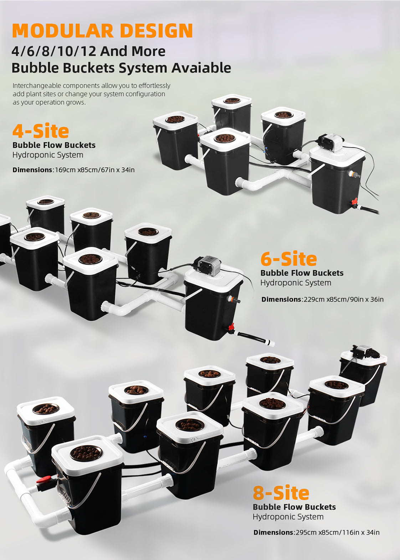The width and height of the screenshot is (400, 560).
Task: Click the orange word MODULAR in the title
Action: click(x=63, y=31)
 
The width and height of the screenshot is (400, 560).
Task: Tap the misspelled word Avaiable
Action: click(x=201, y=68)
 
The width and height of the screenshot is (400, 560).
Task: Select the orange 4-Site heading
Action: click(x=41, y=131)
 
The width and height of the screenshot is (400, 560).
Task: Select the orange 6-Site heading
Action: click(x=289, y=259)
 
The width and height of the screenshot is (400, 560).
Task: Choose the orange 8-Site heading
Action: click(x=281, y=492)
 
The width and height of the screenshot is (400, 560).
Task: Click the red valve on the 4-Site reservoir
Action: click(x=354, y=202)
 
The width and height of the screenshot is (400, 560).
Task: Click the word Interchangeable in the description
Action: click(x=37, y=86)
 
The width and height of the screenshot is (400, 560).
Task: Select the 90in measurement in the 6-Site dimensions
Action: click(x=356, y=299)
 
